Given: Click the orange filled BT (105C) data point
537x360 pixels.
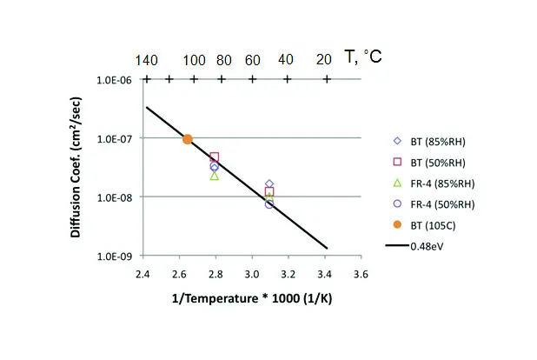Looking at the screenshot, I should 187,139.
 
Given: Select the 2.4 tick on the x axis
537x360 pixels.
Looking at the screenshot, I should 143,275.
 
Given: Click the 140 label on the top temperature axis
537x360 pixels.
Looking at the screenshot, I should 147,59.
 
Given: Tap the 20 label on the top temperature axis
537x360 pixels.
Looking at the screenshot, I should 325,59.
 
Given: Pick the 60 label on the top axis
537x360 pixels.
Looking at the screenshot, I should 252,59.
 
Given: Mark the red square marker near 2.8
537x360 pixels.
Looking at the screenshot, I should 215,158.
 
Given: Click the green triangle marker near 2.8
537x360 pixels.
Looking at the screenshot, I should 215,176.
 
